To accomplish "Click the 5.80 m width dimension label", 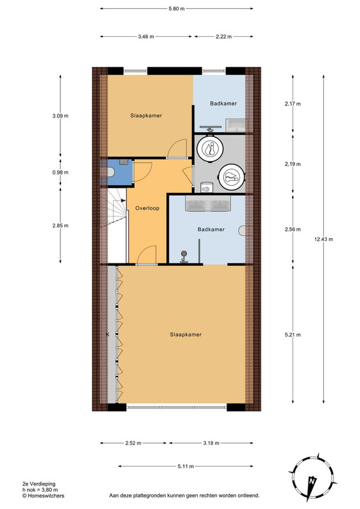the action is pos(176,9).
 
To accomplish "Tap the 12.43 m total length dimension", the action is pos(323,239).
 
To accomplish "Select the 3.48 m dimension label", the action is pos(146,37).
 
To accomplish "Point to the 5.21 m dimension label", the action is pos(293,335).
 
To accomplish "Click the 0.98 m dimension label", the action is pos(60,172).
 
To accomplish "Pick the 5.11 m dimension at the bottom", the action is pos(186,466).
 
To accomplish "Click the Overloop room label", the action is pos(148,209).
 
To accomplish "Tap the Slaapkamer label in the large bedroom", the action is pos(186,335).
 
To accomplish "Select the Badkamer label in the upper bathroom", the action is pos(223,104).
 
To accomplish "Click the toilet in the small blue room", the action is pos(111,172).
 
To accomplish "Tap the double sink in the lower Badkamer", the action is pos(208,204).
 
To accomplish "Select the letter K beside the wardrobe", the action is pos(107,335).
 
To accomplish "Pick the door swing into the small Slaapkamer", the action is pos(177,149).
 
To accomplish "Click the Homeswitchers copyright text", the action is pos(43,496).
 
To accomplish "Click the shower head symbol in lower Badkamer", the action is pos(184,257).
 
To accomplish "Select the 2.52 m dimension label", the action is pos(133,443).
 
